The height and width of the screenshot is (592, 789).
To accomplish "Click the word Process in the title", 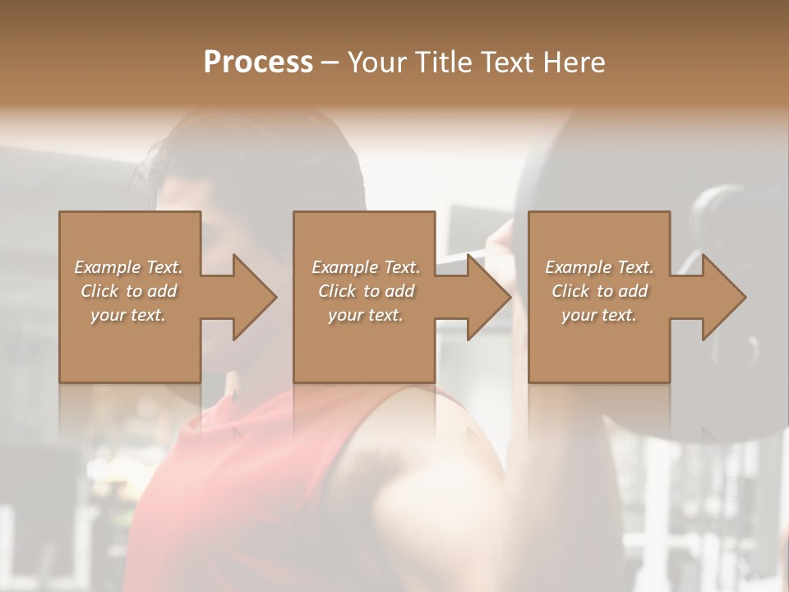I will (x=258, y=62).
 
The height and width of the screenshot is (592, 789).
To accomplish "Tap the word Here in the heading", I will (x=572, y=62).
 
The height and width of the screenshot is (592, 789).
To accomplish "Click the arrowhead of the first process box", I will (x=255, y=297).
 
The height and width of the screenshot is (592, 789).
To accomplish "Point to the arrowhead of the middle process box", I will (x=490, y=297).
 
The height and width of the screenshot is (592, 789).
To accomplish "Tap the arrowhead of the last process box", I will (x=724, y=297).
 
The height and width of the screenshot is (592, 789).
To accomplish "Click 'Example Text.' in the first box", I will (x=128, y=267).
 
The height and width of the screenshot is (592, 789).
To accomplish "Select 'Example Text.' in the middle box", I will (x=366, y=267).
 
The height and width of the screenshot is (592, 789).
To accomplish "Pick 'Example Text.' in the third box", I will (x=599, y=267).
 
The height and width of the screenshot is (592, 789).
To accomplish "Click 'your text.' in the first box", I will (x=128, y=315).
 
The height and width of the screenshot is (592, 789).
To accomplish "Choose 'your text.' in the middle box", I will (x=366, y=315).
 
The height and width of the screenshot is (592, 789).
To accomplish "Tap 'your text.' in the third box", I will (x=599, y=315).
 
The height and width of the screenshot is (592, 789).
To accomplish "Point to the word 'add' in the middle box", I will (x=399, y=291).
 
